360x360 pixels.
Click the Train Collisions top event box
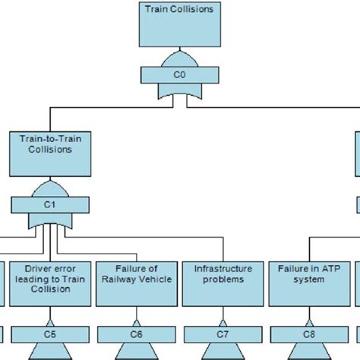coord(179,24)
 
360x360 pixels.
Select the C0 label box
coord(179,75)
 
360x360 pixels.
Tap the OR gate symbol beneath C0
coord(179,92)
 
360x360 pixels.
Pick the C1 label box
coord(50,204)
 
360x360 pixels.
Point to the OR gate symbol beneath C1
coord(50,221)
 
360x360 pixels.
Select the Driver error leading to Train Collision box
coord(50,283)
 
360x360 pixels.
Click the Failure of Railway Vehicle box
coord(137,283)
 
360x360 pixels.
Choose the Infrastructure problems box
coord(223,283)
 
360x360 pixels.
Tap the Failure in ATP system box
coord(309,283)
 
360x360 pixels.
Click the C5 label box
coord(50,333)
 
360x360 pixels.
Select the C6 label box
coord(137,333)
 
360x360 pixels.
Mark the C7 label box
coord(223,333)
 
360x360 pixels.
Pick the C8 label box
coord(309,333)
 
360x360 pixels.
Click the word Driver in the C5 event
coord(38,268)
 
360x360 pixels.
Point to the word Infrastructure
coord(223,268)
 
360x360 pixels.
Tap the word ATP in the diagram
coord(326,268)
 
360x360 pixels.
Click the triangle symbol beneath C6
coord(137,352)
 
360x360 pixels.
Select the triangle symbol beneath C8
coord(309,352)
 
